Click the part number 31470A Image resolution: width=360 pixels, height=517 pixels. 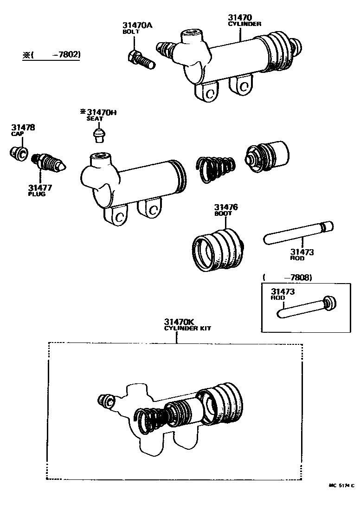[137, 25]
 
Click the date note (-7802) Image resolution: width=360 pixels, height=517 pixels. [51, 55]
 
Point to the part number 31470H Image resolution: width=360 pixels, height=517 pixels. [98, 112]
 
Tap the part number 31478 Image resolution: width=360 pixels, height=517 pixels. [23, 127]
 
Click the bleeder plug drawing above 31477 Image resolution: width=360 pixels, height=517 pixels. [50, 163]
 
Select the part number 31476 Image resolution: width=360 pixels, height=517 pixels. [226, 207]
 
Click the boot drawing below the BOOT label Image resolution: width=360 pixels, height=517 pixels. [218, 249]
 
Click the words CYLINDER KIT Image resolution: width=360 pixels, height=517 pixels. [188, 329]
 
